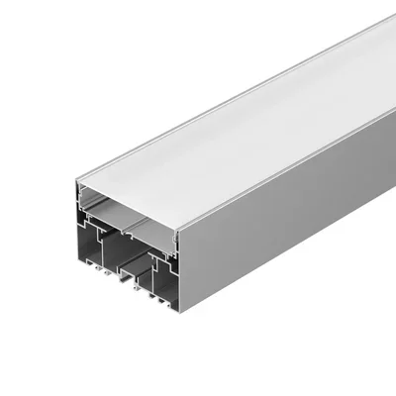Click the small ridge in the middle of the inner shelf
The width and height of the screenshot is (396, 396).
(127, 220)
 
